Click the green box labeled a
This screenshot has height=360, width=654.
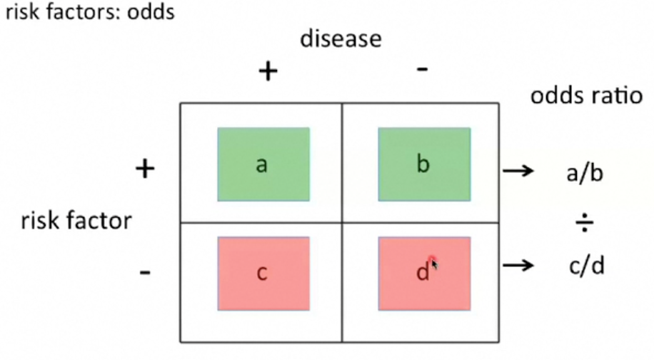pyautogui.click(x=263, y=164)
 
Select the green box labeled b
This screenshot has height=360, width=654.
pyautogui.click(x=424, y=164)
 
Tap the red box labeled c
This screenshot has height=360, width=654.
pyautogui.click(x=263, y=274)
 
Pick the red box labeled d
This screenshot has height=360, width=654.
pyautogui.click(x=424, y=274)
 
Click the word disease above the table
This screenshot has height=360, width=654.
pyautogui.click(x=341, y=39)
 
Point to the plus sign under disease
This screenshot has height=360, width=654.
pyautogui.click(x=268, y=71)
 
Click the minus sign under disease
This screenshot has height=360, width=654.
pyautogui.click(x=423, y=69)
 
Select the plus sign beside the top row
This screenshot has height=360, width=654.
pyautogui.click(x=145, y=169)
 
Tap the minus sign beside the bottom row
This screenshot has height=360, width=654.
pyautogui.click(x=145, y=272)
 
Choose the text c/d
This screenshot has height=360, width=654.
pyautogui.click(x=585, y=266)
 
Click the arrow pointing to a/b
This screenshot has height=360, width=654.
pyautogui.click(x=518, y=171)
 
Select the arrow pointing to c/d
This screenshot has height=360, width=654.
pyautogui.click(x=518, y=266)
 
